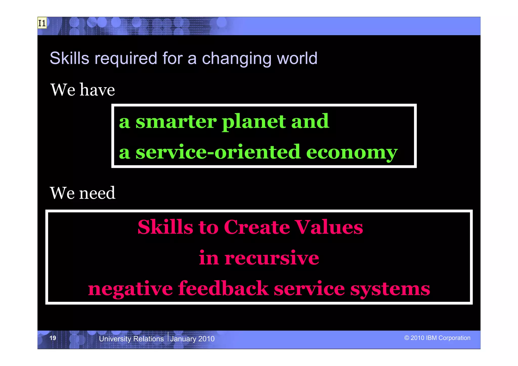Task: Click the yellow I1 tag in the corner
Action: coord(42,23)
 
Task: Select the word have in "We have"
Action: coord(97,90)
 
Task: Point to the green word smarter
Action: coord(176,122)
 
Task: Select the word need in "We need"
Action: coord(97,193)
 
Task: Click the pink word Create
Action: coord(257,227)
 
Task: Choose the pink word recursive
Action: coord(272,258)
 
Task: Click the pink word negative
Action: coord(130,289)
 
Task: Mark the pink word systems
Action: coord(390,289)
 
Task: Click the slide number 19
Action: coord(53,338)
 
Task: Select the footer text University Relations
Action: coord(131,339)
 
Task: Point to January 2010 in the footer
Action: coord(192,339)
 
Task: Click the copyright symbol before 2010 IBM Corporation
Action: coord(406,338)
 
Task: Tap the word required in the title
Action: coord(126,59)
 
